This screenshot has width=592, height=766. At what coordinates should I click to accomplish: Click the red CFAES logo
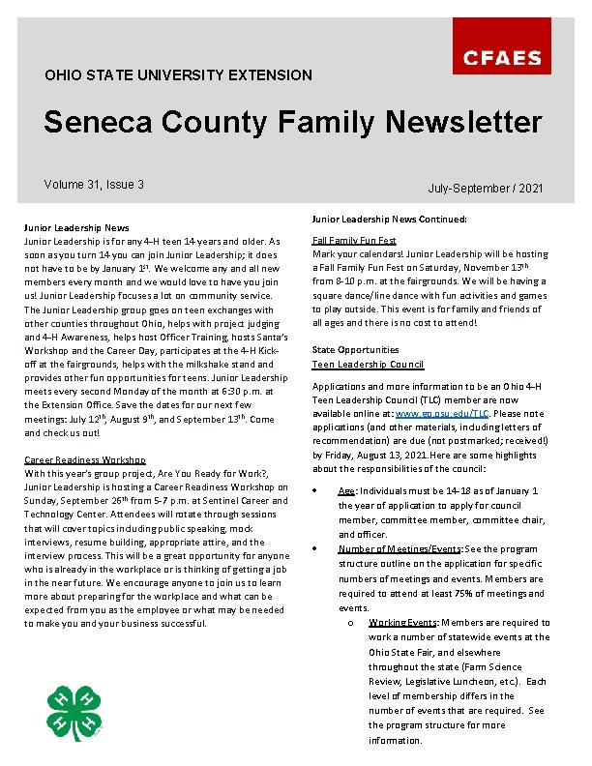502,58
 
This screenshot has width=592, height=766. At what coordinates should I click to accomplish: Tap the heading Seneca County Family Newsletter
292,123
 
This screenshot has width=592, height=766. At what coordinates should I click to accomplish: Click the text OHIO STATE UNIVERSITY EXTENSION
178,74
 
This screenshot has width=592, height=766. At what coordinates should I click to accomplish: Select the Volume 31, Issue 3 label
94,185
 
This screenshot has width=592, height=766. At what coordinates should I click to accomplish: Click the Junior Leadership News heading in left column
76,228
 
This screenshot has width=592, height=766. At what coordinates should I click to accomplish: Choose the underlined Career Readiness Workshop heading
84,460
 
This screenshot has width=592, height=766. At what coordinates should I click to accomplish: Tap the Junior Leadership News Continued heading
390,220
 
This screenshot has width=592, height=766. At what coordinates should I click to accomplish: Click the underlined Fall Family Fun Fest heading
354,240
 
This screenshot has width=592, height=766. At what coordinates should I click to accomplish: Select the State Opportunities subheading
355,349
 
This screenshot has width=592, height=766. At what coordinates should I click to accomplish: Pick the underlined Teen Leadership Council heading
368,365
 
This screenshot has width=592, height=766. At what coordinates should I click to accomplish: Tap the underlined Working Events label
406,622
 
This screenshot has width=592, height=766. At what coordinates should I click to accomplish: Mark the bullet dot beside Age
317,491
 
